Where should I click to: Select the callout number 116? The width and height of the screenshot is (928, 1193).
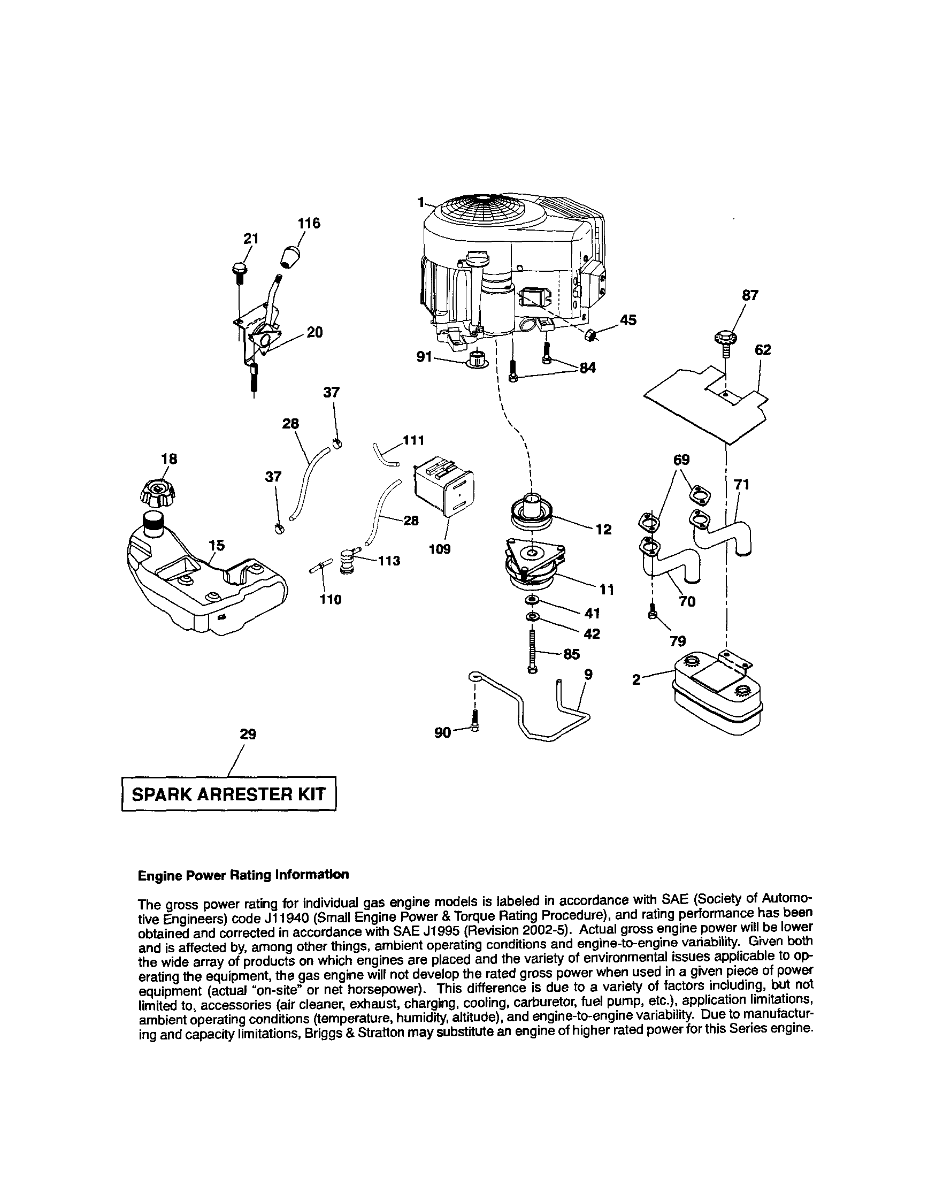(x=309, y=224)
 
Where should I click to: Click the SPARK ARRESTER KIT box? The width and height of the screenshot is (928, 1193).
(x=228, y=794)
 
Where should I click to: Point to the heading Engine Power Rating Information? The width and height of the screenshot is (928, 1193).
(x=243, y=875)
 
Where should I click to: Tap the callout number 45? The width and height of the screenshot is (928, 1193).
(x=628, y=320)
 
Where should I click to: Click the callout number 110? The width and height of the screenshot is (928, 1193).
(x=331, y=600)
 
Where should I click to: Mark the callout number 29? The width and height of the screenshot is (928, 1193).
(x=248, y=734)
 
